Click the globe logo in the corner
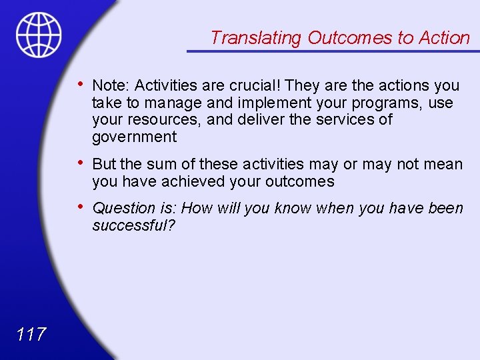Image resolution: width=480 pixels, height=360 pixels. pos(39,35)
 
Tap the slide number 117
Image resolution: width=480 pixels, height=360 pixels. pos(31,334)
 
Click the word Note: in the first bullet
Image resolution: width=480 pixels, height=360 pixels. pos(111,85)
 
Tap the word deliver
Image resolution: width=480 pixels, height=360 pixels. pos(261,120)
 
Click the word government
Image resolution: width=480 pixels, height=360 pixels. pos(134,137)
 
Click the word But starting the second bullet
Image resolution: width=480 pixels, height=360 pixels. pos(105,164)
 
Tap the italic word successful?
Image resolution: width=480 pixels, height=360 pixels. pos(133,225)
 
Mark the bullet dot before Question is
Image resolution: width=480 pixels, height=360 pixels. pos(81,206)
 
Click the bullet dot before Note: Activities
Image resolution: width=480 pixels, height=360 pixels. pos(81,83)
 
